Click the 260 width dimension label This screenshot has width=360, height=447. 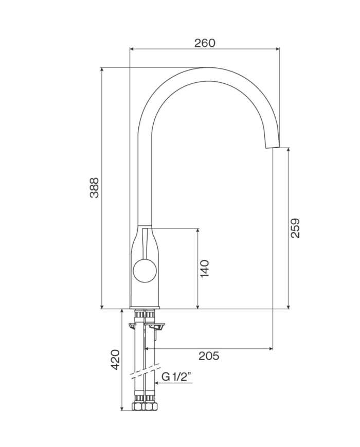pos(205,43)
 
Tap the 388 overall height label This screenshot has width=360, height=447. pos(94,188)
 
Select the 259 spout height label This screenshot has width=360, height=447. pos(295,228)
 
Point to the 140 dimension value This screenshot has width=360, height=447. pos(205,269)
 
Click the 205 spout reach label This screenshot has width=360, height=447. pos(209,356)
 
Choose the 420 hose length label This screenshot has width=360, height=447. pos(115,360)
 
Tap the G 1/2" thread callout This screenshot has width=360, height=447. pos(176,377)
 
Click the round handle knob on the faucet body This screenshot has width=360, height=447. pos(145,271)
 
